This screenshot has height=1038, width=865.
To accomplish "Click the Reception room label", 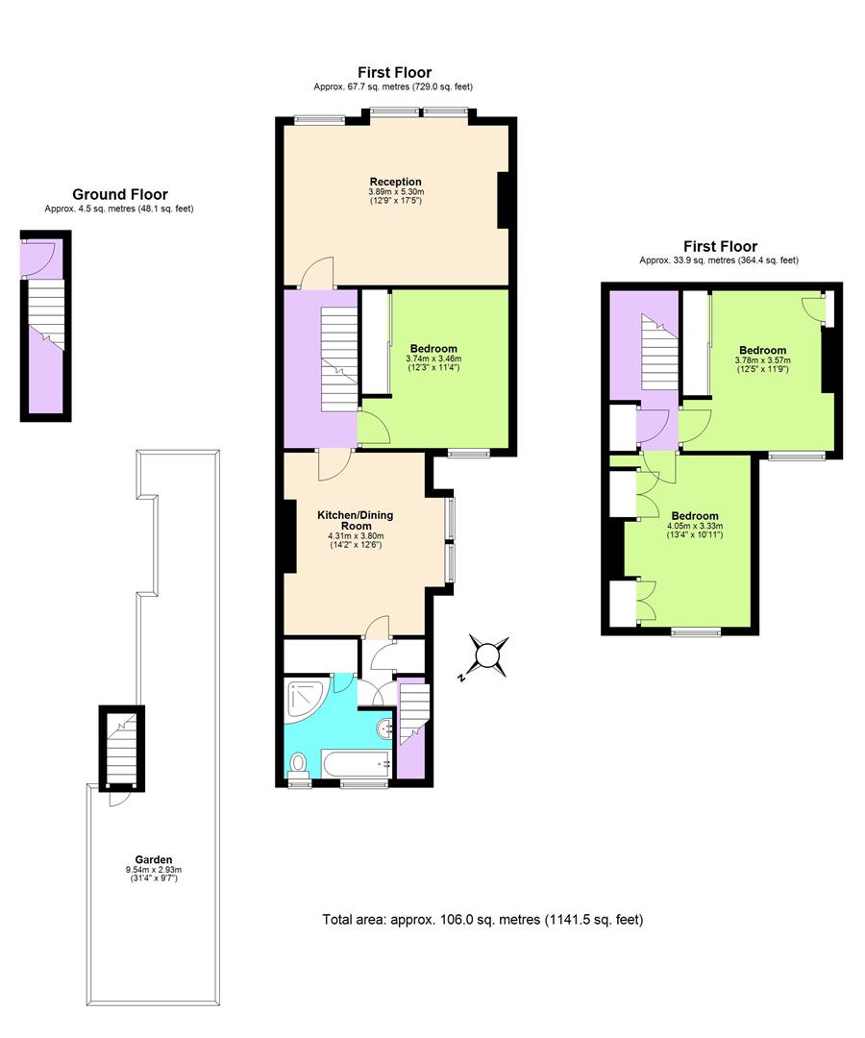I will click(395, 182).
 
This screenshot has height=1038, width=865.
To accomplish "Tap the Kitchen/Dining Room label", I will click(356, 520).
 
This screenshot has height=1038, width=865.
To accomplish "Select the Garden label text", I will click(154, 859).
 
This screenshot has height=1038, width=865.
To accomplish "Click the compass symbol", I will click(488, 656).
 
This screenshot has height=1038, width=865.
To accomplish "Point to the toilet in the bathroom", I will click(298, 765).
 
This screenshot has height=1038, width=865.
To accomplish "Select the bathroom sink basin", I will click(385, 729).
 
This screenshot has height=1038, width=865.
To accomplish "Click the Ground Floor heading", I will click(120, 194).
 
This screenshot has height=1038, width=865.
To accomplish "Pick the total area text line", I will click(482, 920).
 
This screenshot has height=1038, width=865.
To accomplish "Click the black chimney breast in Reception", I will click(502, 201).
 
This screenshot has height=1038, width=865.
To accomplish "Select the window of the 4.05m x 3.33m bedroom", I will click(696, 631).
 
